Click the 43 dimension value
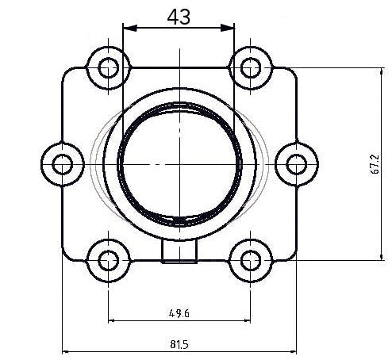click(x=179, y=17)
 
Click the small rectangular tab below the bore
click(x=179, y=251)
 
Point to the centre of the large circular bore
click(x=179, y=163)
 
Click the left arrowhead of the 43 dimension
click(x=127, y=29)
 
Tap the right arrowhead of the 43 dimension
click(x=231, y=29)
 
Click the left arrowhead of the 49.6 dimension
click(x=111, y=320)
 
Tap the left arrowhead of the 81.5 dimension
click(x=66, y=351)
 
